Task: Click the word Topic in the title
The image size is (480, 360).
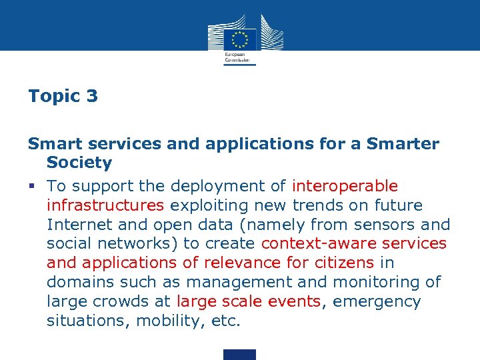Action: pos(53,97)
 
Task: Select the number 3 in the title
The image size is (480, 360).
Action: pos(91,96)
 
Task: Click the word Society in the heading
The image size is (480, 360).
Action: pos(79,163)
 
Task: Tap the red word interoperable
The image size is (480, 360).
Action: pos(345,186)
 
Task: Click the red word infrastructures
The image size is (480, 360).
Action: pos(105,205)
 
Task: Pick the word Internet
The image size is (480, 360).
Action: pos(79,225)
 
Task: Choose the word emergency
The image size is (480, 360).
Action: pos(377,302)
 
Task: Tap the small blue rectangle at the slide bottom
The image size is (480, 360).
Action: pos(239,354)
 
